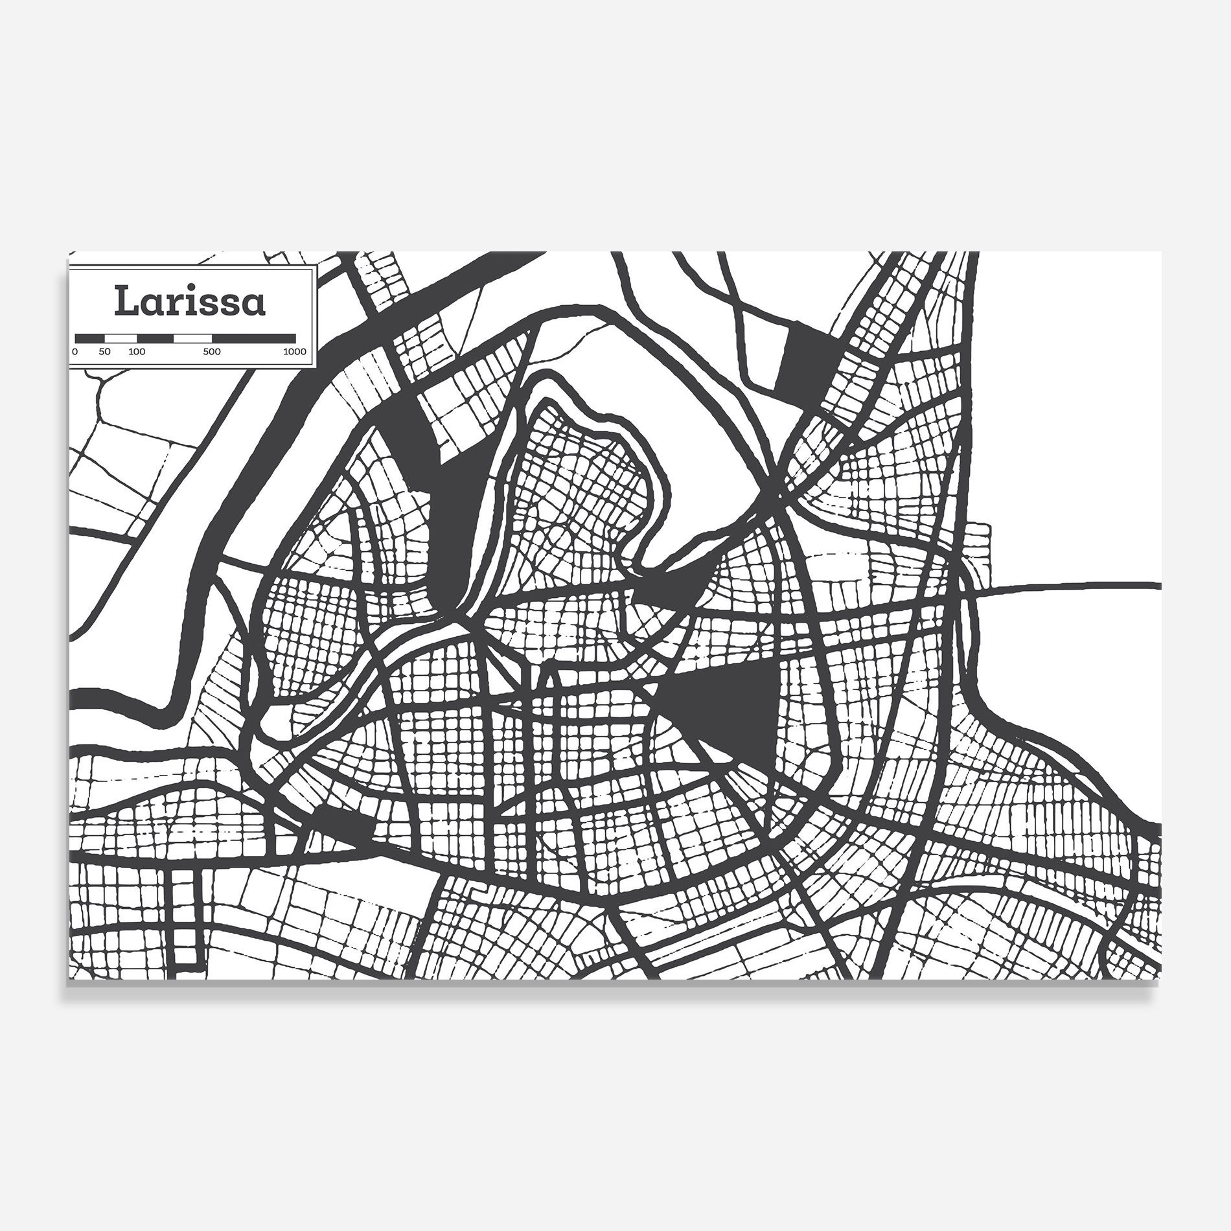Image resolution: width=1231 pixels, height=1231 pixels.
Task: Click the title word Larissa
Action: click(x=190, y=301)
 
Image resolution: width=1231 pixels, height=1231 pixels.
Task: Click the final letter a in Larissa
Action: click(x=254, y=304)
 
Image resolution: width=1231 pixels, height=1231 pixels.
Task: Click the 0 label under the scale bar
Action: click(x=75, y=352)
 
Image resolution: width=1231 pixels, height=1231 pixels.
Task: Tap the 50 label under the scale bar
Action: click(x=105, y=352)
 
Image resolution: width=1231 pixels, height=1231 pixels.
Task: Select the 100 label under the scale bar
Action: click(x=137, y=352)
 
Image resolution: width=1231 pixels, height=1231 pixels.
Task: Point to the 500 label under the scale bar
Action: click(x=211, y=352)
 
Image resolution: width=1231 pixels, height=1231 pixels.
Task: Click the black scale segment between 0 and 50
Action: click(x=90, y=338)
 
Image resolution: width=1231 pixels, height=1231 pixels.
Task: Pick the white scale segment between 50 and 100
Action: click(x=121, y=338)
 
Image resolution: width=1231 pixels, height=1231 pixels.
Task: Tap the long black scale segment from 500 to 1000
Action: click(x=254, y=338)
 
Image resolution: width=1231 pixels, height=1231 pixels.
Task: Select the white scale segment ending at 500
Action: click(x=193, y=338)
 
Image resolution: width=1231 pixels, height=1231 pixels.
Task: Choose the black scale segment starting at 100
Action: click(x=155, y=338)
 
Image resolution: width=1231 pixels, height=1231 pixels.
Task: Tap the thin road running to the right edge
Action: click(x=1069, y=586)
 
